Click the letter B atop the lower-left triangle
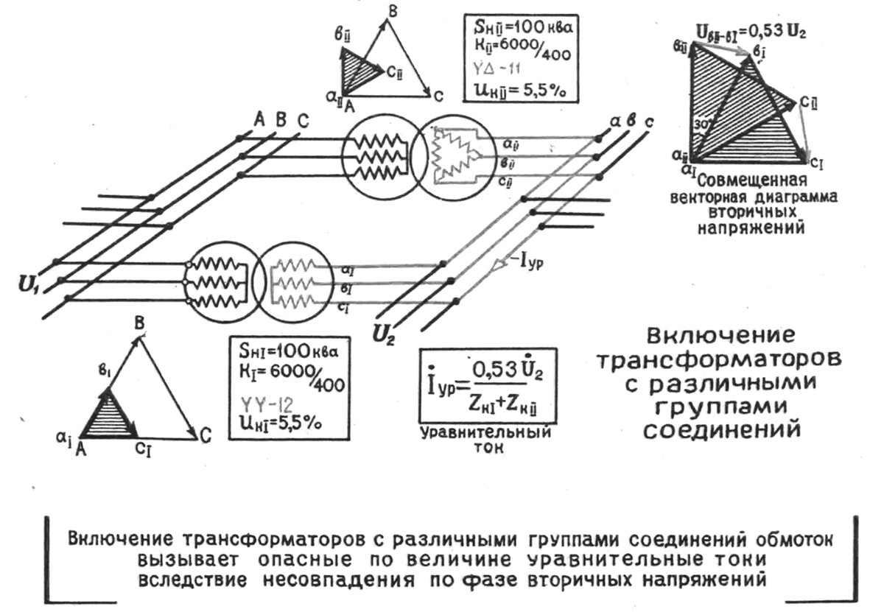(x=139, y=323)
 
